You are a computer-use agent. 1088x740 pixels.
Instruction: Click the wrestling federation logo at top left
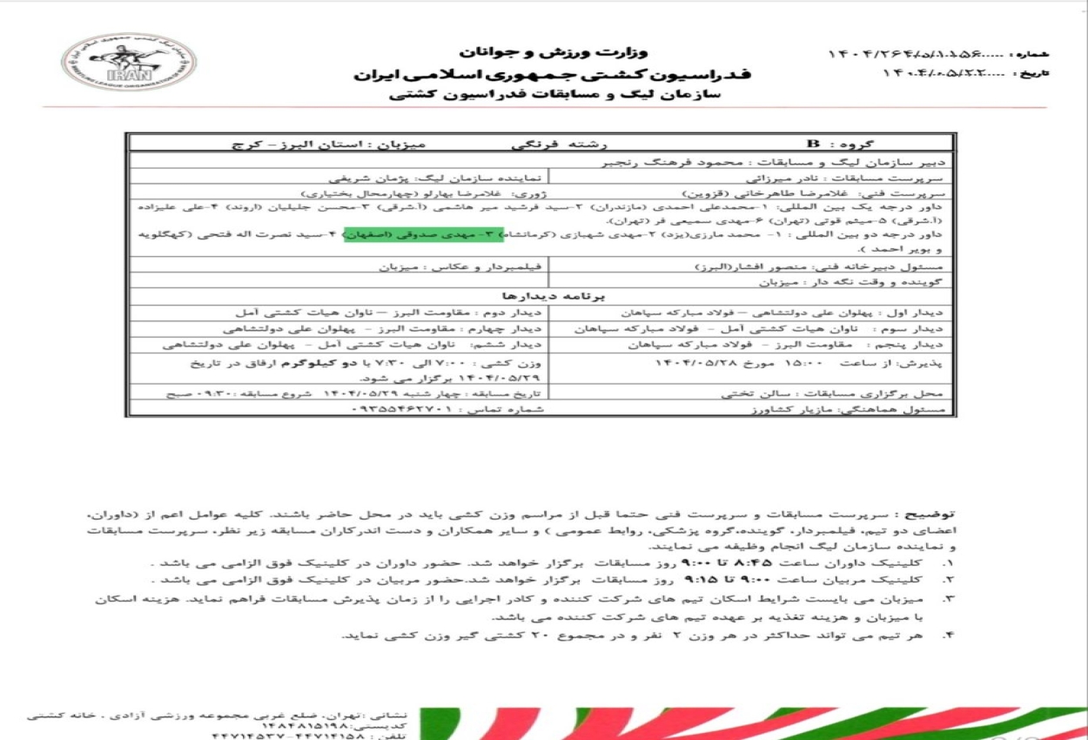pos(128,63)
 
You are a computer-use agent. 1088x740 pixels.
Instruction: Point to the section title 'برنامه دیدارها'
pos(541,296)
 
